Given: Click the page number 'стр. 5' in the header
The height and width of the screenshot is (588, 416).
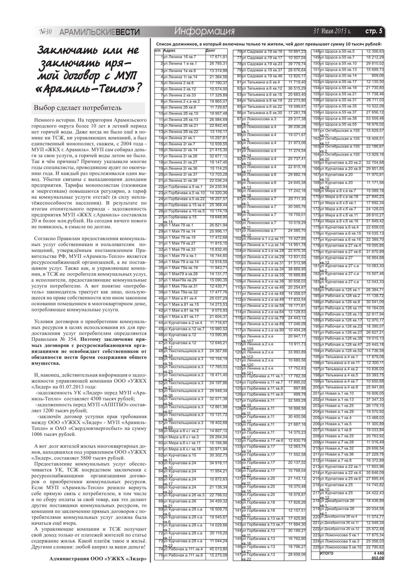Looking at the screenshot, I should [x=374, y=31].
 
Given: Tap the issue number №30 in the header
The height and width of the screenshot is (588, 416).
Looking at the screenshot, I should [x=46, y=32].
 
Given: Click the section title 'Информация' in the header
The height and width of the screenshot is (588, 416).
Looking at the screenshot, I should [x=204, y=31].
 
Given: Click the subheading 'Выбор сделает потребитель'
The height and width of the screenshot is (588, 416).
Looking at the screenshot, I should [x=78, y=108].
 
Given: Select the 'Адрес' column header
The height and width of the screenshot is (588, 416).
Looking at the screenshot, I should [x=169, y=51].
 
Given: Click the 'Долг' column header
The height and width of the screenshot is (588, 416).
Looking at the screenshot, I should [x=210, y=51].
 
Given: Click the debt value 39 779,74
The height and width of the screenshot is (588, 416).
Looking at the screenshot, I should [x=297, y=64].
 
